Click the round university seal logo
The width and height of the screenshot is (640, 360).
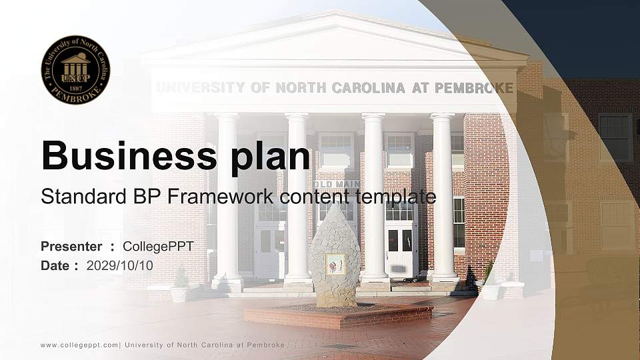pyautogui.click(x=75, y=70)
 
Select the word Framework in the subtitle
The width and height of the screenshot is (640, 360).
pyautogui.click(x=225, y=197)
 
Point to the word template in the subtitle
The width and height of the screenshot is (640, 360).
pyautogui.click(x=397, y=197)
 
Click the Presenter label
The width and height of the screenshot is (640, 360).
pyautogui.click(x=71, y=247)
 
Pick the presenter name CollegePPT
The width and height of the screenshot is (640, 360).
pyautogui.click(x=158, y=247)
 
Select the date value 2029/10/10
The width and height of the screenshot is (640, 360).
pyautogui.click(x=120, y=265)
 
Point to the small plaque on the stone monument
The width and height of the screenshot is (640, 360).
pyautogui.click(x=335, y=264)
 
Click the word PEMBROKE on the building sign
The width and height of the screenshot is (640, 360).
pyautogui.click(x=474, y=88)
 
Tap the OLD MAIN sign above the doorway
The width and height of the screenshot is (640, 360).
pyautogui.click(x=337, y=184)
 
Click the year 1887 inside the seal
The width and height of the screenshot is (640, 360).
pyautogui.click(x=75, y=87)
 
